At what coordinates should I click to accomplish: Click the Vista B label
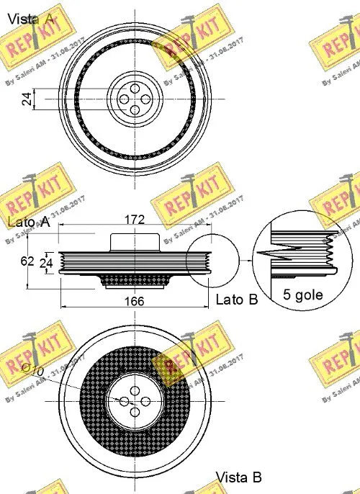239,477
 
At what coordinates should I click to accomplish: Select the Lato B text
236,299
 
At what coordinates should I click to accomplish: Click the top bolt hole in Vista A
135,86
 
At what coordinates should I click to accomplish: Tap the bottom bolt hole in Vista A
135,109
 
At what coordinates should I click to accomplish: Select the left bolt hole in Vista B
124,400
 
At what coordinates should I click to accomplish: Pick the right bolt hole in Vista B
146,400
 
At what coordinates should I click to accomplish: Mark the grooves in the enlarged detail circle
295,255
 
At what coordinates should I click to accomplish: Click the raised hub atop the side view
134,241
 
